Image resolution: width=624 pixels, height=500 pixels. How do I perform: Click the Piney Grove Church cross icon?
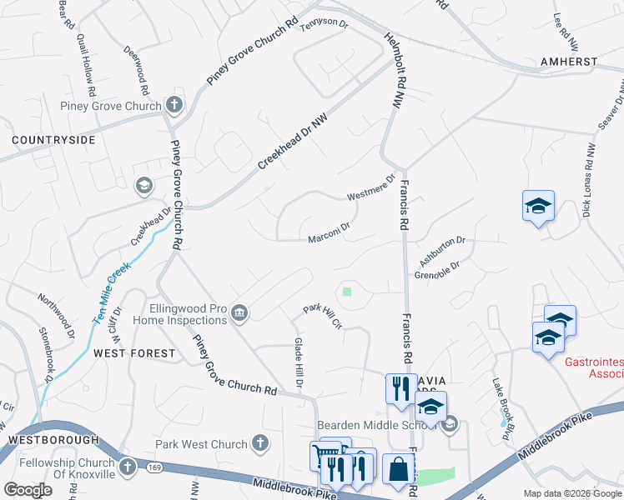[174, 105]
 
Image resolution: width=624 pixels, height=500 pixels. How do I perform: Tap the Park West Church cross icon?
[260, 444]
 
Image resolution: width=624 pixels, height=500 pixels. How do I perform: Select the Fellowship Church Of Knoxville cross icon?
[128, 467]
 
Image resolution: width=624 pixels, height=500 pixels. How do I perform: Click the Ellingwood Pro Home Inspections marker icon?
[239, 313]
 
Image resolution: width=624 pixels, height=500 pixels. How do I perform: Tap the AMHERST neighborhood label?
[567, 62]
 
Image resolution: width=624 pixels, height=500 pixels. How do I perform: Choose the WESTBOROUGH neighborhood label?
[48, 439]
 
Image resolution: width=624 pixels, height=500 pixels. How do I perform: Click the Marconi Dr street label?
[328, 232]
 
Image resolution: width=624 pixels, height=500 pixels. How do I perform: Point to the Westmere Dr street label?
[370, 188]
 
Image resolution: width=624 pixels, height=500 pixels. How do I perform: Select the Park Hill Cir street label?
[323, 316]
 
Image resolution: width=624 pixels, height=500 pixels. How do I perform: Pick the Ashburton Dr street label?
[441, 249]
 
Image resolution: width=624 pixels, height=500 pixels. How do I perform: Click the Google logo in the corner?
[28, 490]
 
